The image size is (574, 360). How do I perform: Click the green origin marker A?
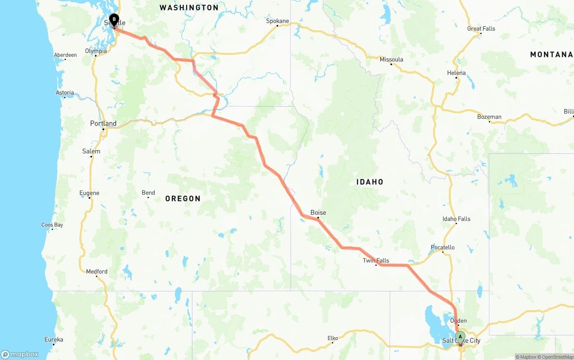[460, 337]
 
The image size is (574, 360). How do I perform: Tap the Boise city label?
[318, 213]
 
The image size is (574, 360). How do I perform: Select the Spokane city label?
[278, 21]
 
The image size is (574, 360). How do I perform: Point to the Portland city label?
[103, 124]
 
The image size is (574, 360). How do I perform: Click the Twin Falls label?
[376, 260]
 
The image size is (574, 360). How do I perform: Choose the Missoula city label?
[391, 60]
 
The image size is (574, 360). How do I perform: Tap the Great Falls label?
[481, 29]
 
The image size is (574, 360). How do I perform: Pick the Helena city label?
[457, 73]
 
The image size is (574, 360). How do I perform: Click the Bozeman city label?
[489, 117]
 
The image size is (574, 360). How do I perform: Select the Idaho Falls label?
[457, 219]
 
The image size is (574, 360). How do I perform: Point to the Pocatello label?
[443, 247]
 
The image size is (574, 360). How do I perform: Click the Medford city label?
[97, 271]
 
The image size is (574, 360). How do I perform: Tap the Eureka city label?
[54, 339]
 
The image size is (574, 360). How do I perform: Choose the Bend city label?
[148, 193]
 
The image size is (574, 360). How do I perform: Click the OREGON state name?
[183, 199]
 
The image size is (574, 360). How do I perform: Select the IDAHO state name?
[370, 182]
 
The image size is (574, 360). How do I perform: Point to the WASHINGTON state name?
[189, 8]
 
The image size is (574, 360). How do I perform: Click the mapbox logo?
[20, 355]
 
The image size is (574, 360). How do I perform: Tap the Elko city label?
[332, 338]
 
